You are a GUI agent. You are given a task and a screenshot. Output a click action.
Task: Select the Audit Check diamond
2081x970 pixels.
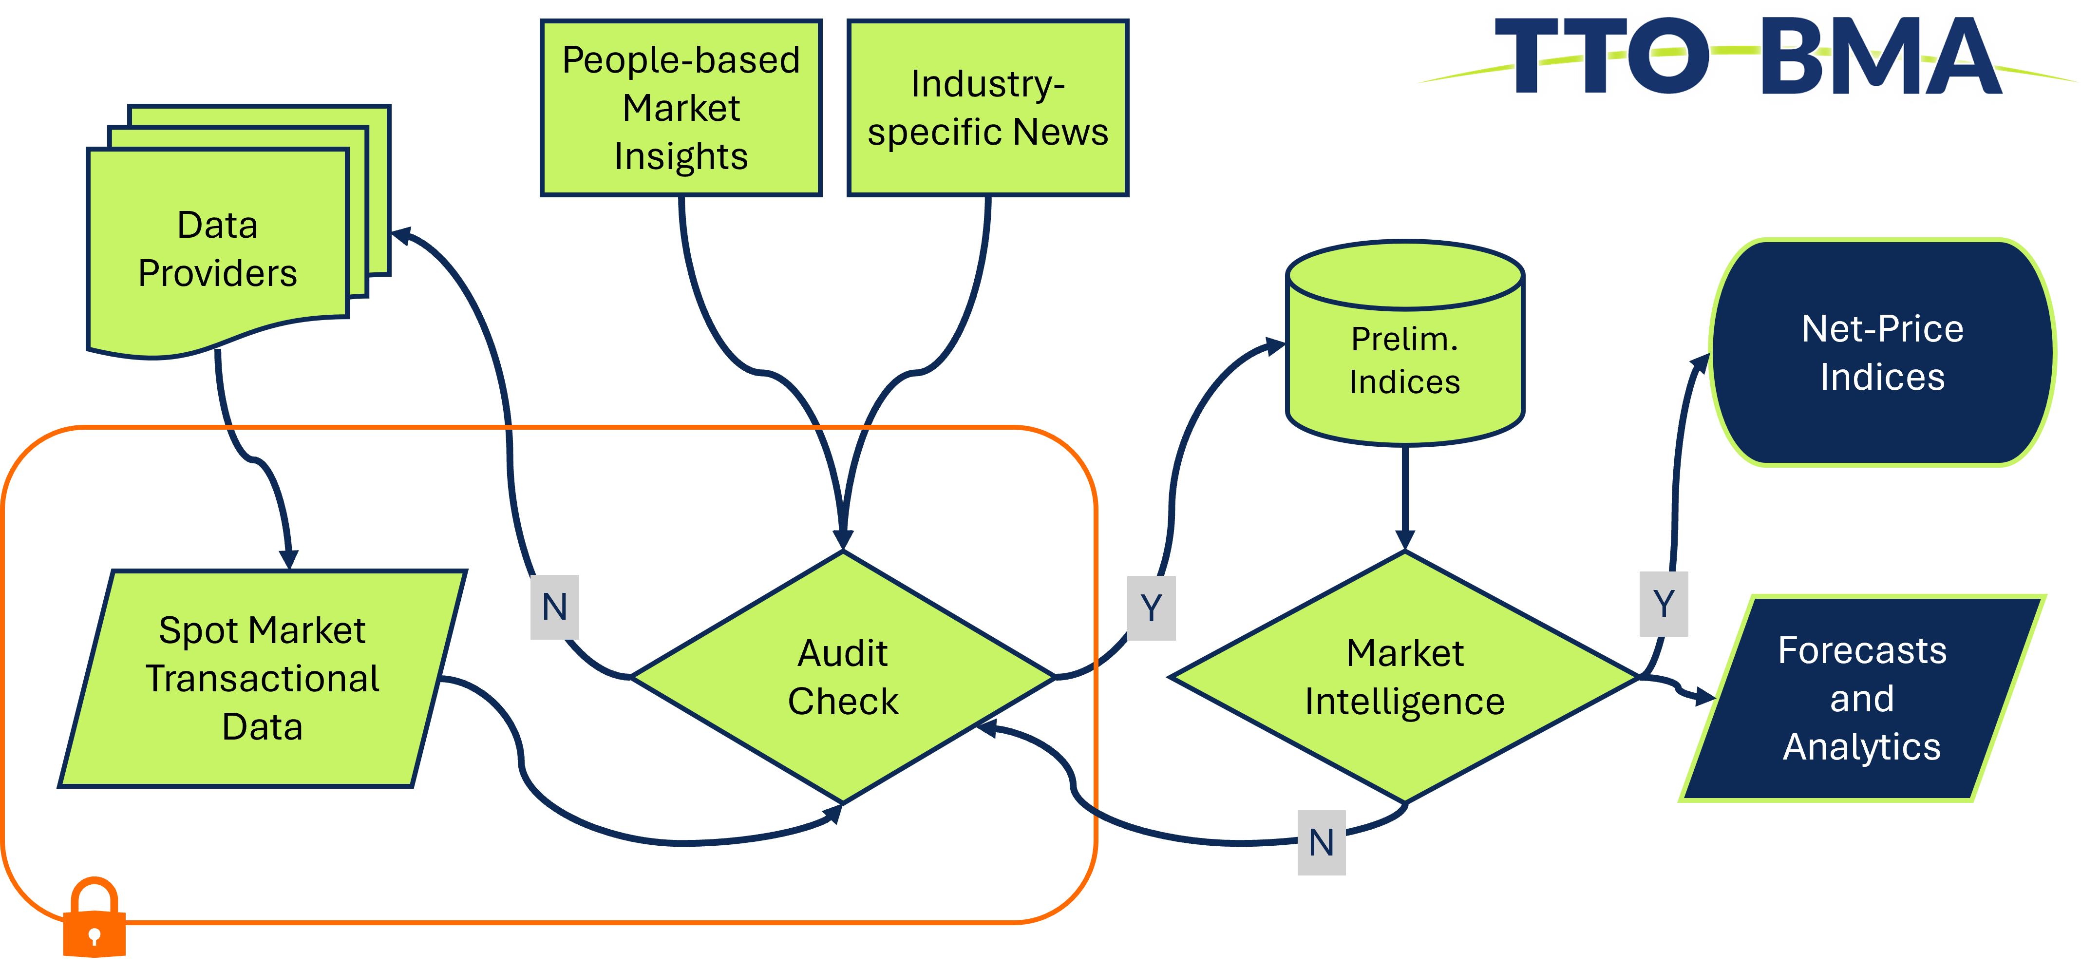pos(843,677)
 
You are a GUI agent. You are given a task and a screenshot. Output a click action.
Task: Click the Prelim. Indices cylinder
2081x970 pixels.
pos(1405,355)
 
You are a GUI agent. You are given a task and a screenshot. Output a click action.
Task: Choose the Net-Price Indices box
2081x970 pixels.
pos(1882,353)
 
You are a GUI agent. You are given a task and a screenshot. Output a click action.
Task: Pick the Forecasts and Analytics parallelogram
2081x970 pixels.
pos(1862,699)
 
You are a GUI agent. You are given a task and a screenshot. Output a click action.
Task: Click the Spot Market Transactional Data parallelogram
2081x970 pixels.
pos(263,679)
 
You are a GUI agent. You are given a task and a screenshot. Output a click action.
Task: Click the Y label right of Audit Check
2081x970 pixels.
pos(1151,608)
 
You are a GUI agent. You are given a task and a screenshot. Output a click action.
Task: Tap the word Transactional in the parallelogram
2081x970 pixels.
pos(263,679)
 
